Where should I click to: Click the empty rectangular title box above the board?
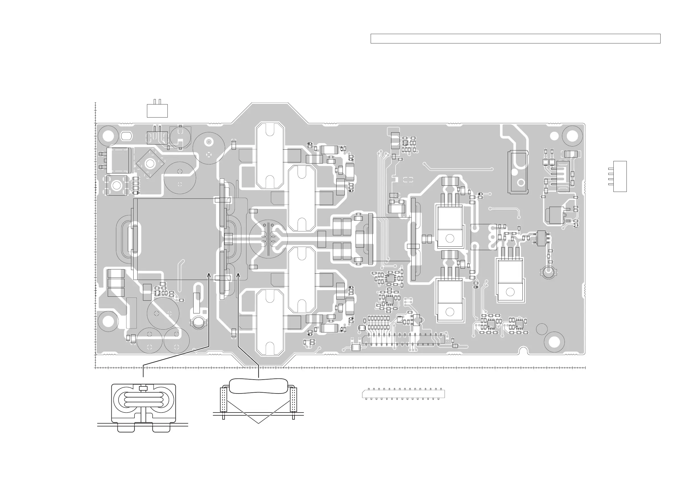pyautogui.click(x=515, y=39)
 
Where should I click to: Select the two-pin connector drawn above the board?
pyautogui.click(x=157, y=110)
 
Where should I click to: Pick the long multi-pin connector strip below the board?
pyautogui.click(x=403, y=393)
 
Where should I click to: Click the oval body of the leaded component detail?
pyautogui.click(x=258, y=386)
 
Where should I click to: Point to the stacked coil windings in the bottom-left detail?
pyautogui.click(x=143, y=399)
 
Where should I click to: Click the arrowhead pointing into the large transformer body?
pyautogui.click(x=209, y=275)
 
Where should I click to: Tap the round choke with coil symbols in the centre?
pyautogui.click(x=268, y=238)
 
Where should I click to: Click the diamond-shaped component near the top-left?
pyautogui.click(x=150, y=164)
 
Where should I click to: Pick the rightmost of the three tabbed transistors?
pyautogui.click(x=510, y=280)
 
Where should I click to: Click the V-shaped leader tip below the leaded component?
pyautogui.click(x=258, y=423)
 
